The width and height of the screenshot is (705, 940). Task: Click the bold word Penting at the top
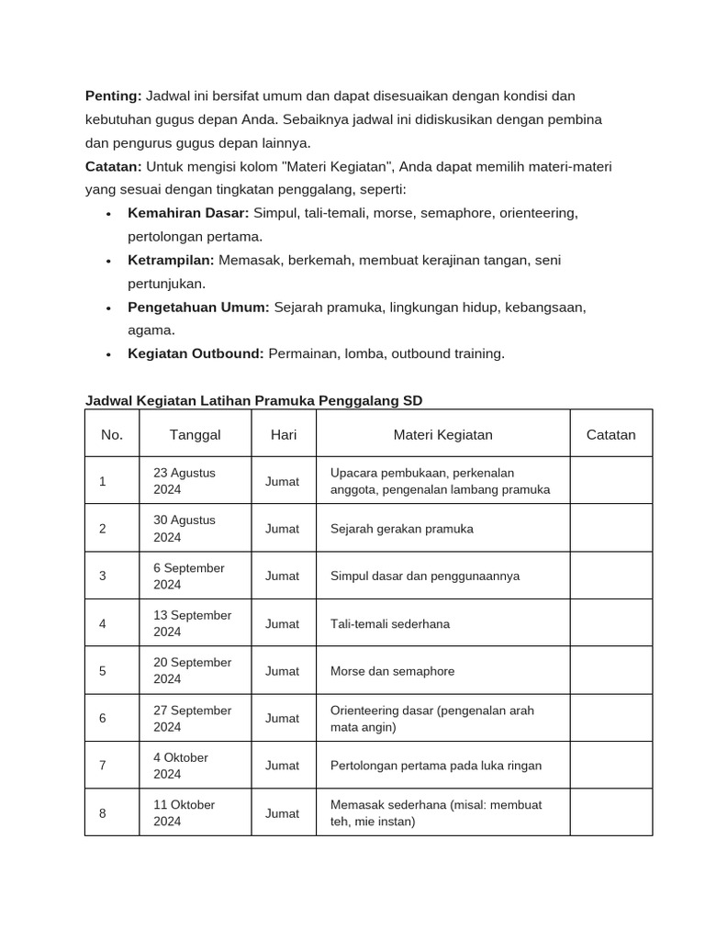[113, 96]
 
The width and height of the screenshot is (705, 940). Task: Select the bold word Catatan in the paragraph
[114, 166]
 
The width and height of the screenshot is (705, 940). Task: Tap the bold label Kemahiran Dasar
[188, 213]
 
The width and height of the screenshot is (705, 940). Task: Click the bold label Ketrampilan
[171, 260]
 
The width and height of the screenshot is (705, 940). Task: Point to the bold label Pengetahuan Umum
[198, 308]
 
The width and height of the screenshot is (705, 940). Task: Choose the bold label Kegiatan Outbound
[196, 353]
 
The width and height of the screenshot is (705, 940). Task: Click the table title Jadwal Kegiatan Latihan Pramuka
[254, 400]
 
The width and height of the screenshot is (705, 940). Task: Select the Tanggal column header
[195, 434]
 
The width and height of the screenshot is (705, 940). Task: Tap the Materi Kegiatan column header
[442, 434]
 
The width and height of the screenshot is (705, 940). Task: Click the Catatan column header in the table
[610, 434]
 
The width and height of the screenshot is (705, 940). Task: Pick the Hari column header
[284, 434]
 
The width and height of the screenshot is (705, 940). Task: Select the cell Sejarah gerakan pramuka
[401, 529]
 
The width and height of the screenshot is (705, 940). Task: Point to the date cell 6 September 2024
[188, 576]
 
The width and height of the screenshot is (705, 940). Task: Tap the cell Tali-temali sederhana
[389, 623]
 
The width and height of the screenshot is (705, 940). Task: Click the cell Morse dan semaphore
[392, 671]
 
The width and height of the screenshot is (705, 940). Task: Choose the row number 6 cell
[103, 718]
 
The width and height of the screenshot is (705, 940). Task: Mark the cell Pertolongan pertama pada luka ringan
[435, 766]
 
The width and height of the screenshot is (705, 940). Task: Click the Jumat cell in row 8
[282, 813]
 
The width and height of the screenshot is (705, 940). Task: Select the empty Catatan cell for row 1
[610, 481]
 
